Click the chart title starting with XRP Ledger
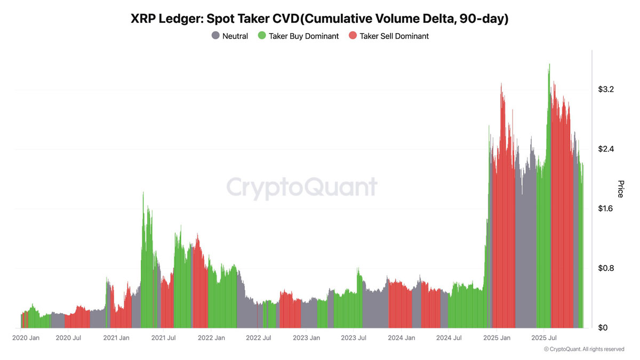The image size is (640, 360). [319, 19]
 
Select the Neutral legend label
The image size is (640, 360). [235, 36]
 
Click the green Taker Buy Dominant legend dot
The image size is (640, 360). [261, 36]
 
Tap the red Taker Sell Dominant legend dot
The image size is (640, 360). [353, 36]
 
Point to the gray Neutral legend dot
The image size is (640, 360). [215, 36]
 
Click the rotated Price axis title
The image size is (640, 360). [620, 189]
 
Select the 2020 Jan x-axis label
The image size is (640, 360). [26, 338]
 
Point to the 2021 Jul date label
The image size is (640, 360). [164, 338]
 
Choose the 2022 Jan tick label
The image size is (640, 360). [212, 338]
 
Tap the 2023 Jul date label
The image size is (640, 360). [353, 338]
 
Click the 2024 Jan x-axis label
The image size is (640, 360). [401, 338]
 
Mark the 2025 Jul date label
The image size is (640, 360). [544, 338]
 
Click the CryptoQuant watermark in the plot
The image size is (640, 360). [302, 188]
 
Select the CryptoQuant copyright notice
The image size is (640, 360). [583, 349]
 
